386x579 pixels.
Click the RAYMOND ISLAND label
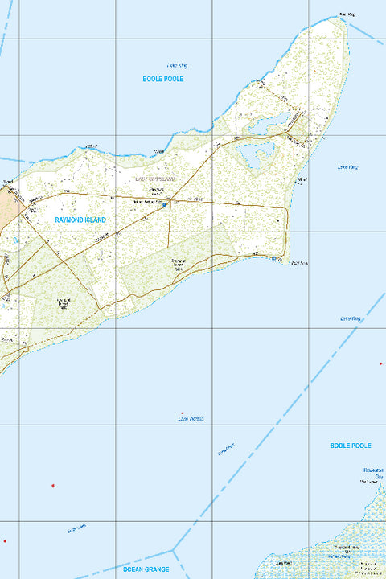(80, 219)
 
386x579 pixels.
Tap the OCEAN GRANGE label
(146, 569)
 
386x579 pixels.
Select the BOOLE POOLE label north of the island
(163, 79)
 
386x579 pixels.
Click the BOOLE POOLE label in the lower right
(351, 445)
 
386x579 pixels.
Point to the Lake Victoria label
(191, 419)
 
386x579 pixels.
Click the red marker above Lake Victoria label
(182, 413)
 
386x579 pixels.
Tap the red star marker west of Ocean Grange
(53, 486)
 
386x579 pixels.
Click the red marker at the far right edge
(380, 363)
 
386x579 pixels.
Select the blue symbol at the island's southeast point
(274, 259)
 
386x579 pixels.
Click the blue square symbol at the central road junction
(165, 204)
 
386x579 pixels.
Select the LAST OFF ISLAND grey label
(154, 178)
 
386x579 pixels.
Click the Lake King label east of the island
(348, 166)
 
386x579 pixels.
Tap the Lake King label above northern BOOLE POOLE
(176, 65)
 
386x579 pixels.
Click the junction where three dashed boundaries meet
(173, 551)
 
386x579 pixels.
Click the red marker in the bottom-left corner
(4, 540)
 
